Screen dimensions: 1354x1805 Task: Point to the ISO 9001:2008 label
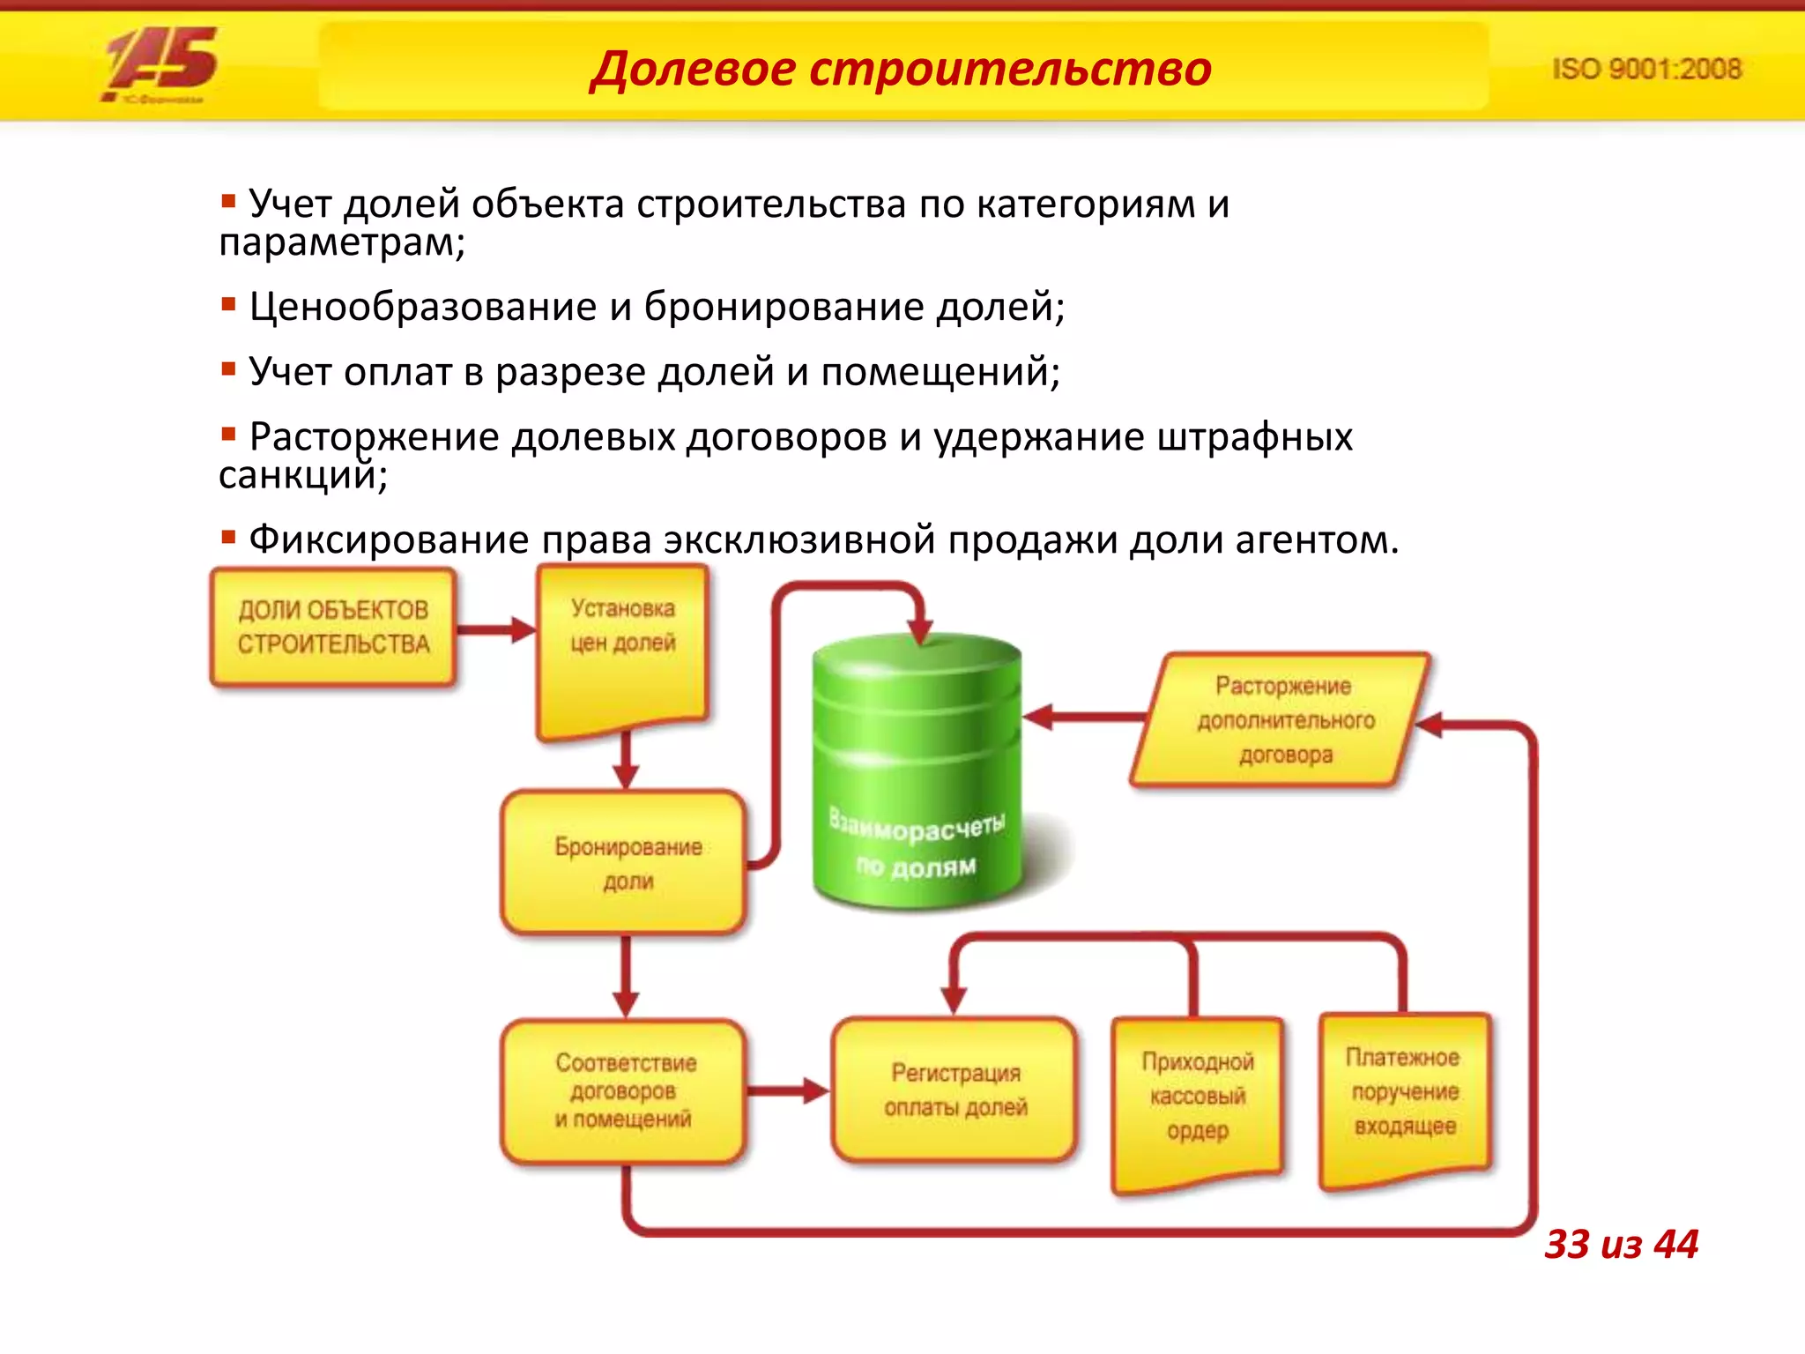tap(1646, 69)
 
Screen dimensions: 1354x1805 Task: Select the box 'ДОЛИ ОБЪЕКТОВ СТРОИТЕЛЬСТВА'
tap(333, 627)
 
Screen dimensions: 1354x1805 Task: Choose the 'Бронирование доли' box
tap(625, 862)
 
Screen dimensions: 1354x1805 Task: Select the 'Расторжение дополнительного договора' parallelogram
tap(1283, 719)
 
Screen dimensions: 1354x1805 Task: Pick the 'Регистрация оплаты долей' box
tap(955, 1090)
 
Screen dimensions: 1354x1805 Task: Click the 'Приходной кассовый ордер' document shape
tap(1197, 1097)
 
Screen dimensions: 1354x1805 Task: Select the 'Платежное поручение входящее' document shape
tap(1405, 1093)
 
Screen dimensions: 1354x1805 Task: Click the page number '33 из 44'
tap(1621, 1244)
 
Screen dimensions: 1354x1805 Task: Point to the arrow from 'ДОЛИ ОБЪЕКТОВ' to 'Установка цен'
tap(496, 629)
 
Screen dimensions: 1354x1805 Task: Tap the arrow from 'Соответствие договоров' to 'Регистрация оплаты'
tap(787, 1090)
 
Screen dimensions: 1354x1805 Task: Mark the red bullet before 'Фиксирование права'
tap(228, 536)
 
